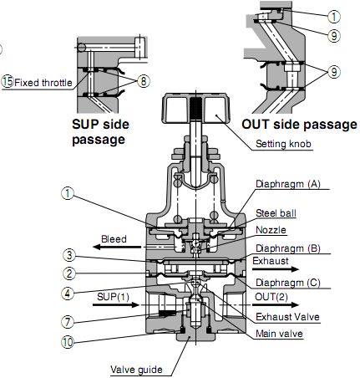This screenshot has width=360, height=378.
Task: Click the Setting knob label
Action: point(283,144)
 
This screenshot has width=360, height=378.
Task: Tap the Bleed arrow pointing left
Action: point(117,247)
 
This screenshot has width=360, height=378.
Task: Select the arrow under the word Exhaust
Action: point(276,269)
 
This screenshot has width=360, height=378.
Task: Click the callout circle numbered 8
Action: point(144,81)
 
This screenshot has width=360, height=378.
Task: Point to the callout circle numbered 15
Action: point(8,82)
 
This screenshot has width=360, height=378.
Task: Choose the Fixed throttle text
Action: point(43,83)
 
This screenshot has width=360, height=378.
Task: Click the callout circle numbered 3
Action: point(68,255)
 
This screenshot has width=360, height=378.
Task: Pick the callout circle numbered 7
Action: point(68,322)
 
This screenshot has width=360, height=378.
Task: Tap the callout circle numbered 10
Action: point(68,342)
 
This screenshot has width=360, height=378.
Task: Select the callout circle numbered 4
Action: point(68,293)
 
